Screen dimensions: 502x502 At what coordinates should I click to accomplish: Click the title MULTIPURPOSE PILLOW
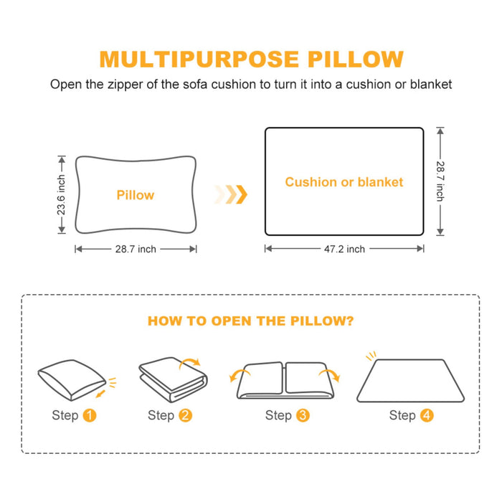tap(251, 59)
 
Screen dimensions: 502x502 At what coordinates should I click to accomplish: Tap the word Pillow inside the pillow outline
tap(135, 195)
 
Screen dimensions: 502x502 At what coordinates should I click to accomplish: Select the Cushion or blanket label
tap(344, 182)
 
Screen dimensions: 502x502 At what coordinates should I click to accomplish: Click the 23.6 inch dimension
tap(62, 195)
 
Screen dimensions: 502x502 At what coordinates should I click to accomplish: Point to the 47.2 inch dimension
tap(344, 249)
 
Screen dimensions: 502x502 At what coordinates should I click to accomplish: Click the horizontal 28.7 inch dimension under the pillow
tap(136, 249)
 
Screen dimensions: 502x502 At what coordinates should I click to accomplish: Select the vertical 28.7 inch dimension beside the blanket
tap(440, 181)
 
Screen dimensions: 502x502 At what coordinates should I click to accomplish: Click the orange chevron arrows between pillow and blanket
tap(232, 194)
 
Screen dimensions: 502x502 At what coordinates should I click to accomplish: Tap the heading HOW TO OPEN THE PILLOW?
tap(250, 321)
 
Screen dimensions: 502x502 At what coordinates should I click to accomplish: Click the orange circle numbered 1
tap(90, 415)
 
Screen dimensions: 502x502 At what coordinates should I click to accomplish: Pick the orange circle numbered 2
tap(186, 415)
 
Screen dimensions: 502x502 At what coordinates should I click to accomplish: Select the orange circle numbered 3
tap(303, 415)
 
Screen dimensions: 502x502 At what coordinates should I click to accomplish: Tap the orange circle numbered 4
tap(427, 415)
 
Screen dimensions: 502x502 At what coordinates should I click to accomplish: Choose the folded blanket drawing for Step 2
tap(172, 380)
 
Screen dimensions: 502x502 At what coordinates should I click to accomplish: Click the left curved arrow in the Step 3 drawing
tap(235, 376)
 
